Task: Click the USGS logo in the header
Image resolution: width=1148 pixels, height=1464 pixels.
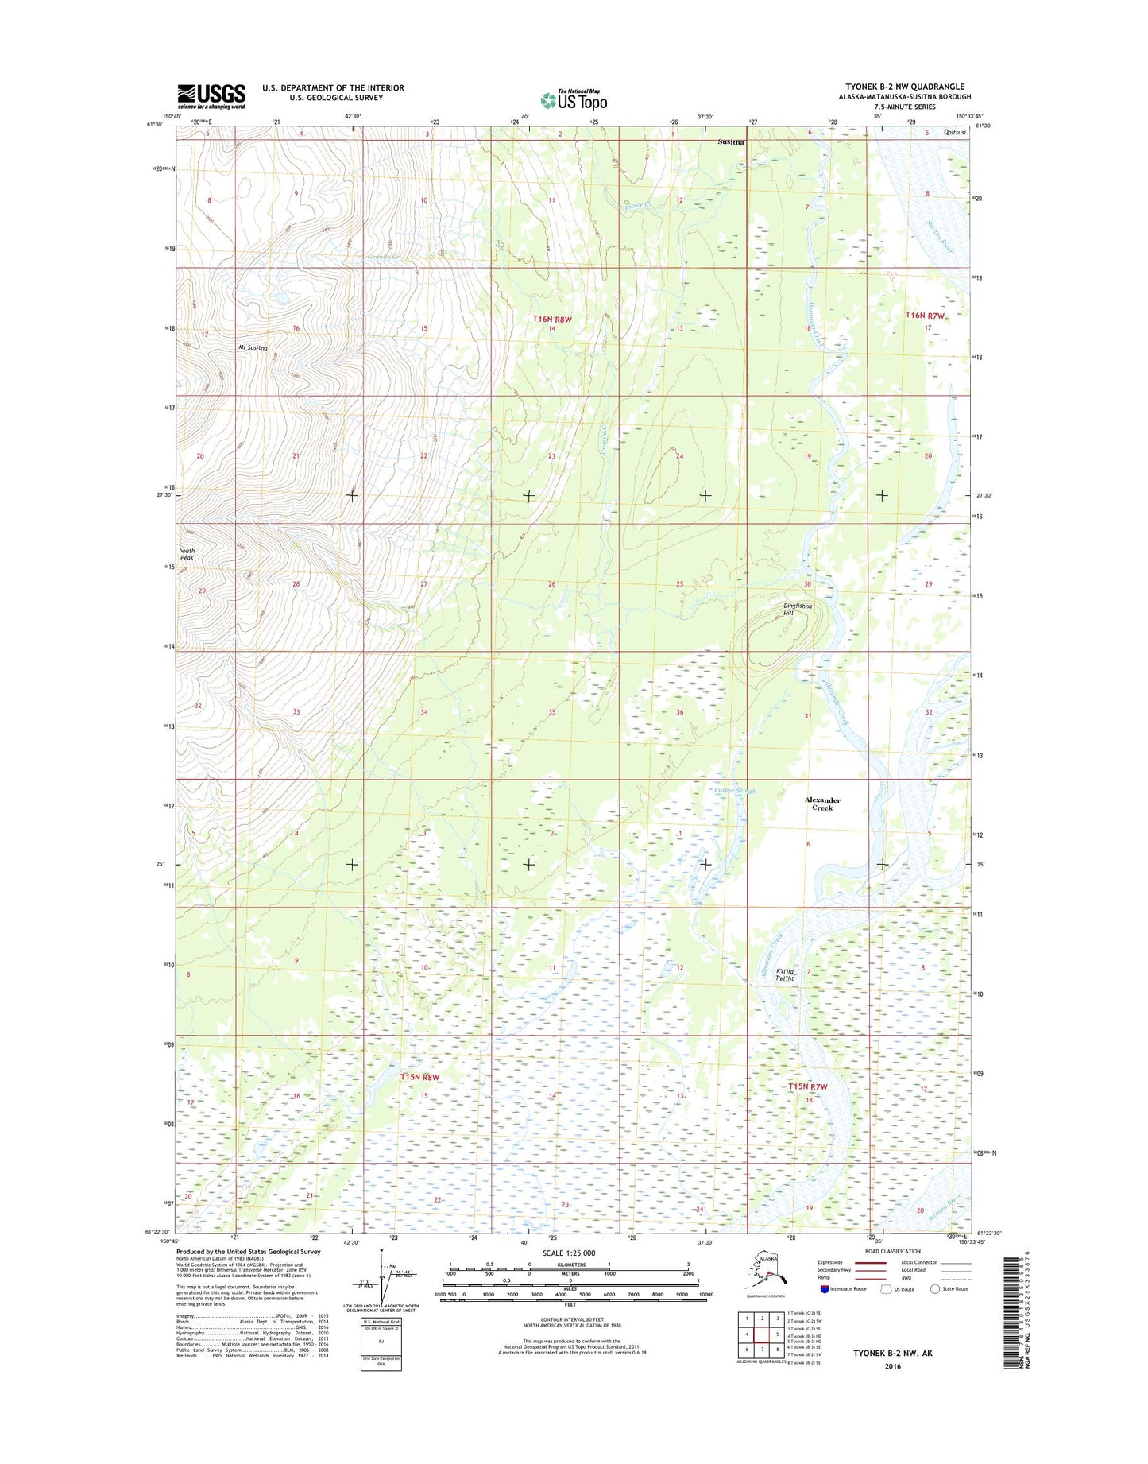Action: click(x=211, y=96)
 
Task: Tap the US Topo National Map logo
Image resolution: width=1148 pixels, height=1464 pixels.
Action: click(x=574, y=100)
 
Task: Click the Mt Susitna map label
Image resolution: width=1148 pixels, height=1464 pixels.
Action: click(x=252, y=348)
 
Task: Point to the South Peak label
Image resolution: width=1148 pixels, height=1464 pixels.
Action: click(x=187, y=554)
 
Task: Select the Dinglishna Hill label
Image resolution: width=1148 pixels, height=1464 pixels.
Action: click(x=798, y=610)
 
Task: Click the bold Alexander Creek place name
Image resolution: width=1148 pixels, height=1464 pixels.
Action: click(x=821, y=804)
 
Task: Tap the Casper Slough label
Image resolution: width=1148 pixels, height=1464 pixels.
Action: click(x=735, y=791)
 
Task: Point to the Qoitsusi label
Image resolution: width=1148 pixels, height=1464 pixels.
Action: click(x=955, y=133)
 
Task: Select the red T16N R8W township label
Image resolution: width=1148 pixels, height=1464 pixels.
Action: click(x=552, y=319)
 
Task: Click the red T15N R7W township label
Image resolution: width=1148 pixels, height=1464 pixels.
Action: click(x=807, y=1086)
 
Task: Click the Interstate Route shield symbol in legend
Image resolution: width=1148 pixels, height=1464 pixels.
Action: click(x=824, y=1288)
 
